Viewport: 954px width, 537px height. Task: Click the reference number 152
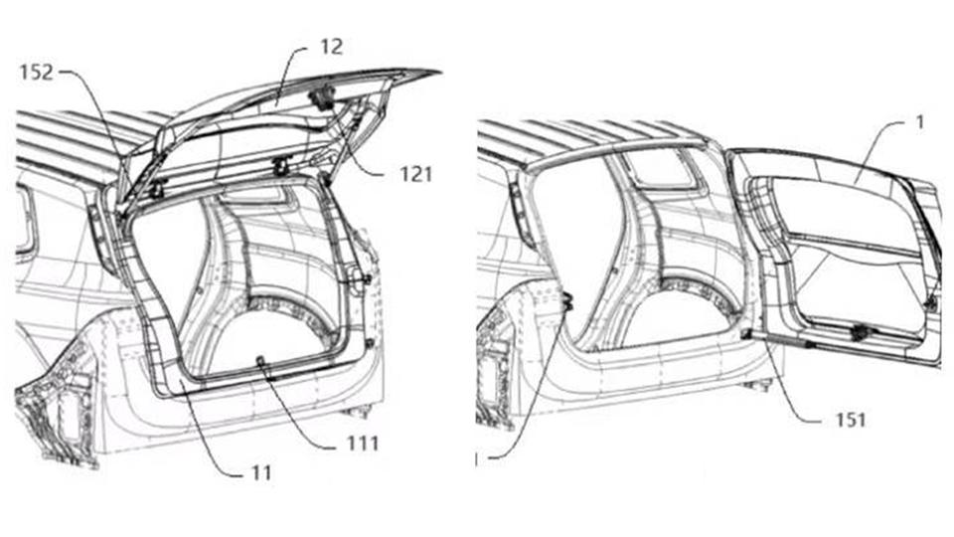click(37, 73)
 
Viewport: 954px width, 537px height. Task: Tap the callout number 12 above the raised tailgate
click(332, 47)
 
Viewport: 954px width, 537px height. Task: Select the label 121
click(415, 175)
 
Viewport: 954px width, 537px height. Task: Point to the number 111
click(363, 444)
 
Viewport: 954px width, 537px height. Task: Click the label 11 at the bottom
click(261, 472)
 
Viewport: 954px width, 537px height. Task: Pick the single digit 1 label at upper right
click(920, 122)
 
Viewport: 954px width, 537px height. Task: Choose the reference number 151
click(850, 420)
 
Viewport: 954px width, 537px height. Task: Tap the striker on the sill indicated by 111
click(262, 363)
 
